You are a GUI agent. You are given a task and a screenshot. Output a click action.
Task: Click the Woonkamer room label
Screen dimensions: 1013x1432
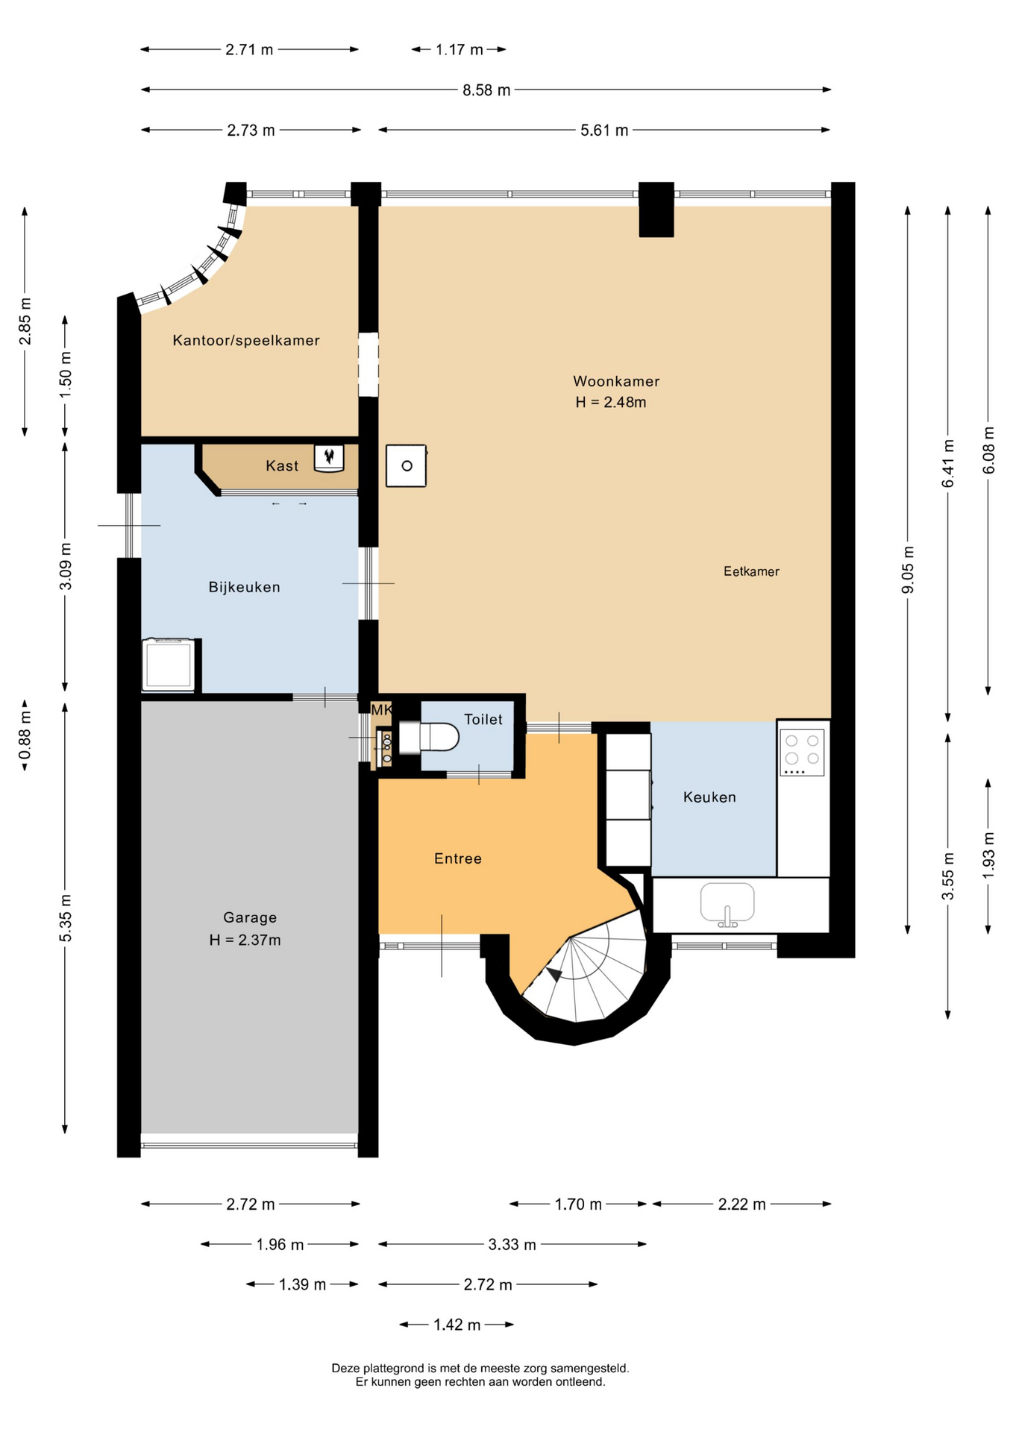click(x=616, y=381)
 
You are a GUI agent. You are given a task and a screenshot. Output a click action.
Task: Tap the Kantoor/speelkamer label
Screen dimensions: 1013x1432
click(x=246, y=341)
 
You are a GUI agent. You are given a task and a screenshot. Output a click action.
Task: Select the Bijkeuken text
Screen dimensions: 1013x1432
click(x=245, y=588)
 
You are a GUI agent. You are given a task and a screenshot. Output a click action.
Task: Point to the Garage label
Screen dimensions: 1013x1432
click(x=250, y=918)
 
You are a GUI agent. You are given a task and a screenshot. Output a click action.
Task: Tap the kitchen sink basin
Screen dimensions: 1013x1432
click(x=727, y=903)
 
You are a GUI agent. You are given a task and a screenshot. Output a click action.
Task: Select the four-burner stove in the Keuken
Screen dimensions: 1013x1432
click(x=802, y=753)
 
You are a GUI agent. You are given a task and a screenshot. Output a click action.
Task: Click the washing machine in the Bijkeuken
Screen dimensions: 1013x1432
click(x=169, y=665)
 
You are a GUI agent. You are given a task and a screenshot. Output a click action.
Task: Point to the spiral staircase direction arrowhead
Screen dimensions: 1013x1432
click(x=554, y=974)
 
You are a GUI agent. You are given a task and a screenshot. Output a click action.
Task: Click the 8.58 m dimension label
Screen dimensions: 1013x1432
click(x=486, y=90)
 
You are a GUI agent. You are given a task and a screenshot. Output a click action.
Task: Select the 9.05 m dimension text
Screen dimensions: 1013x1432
click(x=908, y=570)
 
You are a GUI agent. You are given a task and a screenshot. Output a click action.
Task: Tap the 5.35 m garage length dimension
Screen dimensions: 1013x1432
click(x=66, y=917)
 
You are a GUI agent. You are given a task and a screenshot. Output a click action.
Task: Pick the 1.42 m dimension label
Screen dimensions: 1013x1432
click(x=457, y=1325)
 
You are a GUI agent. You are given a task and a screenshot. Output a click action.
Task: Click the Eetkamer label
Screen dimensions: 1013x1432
click(x=751, y=571)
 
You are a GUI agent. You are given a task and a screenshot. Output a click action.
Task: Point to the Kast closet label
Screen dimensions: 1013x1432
click(x=282, y=466)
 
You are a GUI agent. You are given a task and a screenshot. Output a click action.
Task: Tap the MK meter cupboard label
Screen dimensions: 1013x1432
click(x=381, y=710)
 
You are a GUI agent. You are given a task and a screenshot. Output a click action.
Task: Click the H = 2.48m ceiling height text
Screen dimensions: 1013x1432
click(x=611, y=403)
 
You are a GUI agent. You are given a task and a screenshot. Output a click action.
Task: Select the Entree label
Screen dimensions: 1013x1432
click(x=458, y=859)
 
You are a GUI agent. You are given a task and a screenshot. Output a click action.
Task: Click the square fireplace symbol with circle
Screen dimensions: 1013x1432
click(x=407, y=466)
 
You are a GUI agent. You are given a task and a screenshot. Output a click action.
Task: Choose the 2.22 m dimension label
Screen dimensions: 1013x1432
click(x=742, y=1205)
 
